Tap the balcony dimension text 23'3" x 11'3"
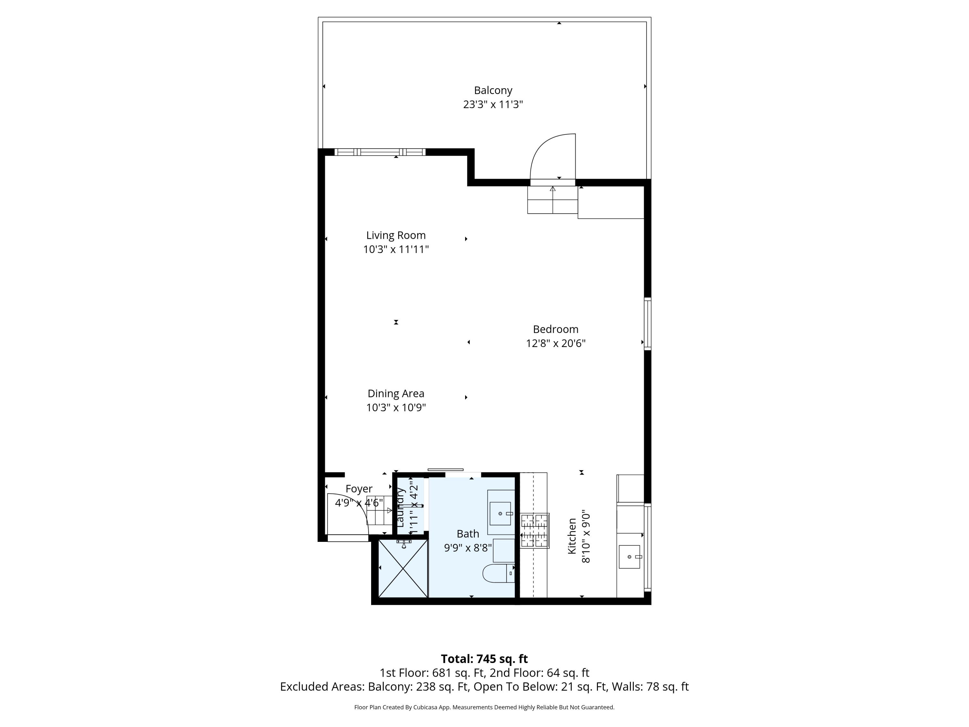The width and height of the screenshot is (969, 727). pyautogui.click(x=493, y=105)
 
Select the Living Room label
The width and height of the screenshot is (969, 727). pyautogui.click(x=396, y=235)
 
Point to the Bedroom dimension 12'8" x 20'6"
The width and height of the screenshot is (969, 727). pyautogui.click(x=556, y=343)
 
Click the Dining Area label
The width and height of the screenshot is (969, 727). pyautogui.click(x=396, y=394)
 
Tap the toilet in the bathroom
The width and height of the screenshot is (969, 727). pyautogui.click(x=498, y=573)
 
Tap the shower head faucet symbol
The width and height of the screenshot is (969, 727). pyautogui.click(x=403, y=544)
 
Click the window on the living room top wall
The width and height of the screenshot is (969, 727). pyautogui.click(x=380, y=152)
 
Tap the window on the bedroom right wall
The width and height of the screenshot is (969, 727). pyautogui.click(x=648, y=324)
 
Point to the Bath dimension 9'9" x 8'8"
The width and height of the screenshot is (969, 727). pyautogui.click(x=468, y=548)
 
